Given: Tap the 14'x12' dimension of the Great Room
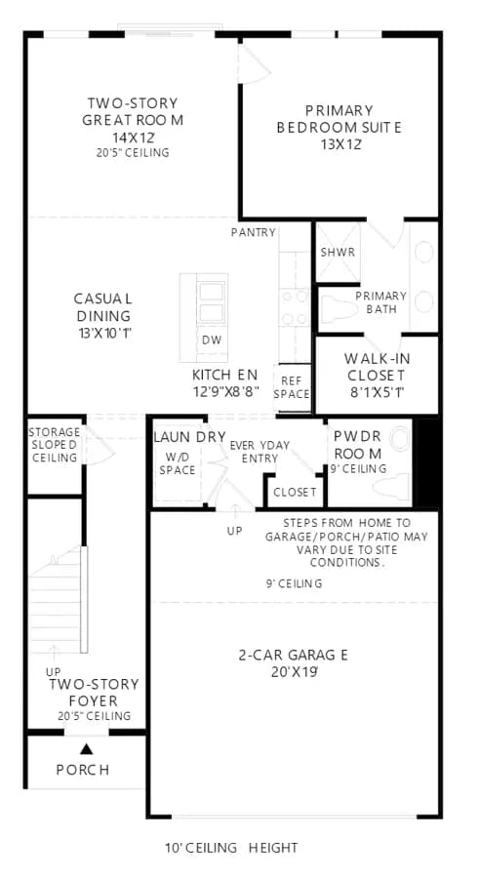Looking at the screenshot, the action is pyautogui.click(x=132, y=136).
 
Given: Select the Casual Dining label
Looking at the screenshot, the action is pyautogui.click(x=103, y=306).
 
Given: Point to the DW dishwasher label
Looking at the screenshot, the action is pyautogui.click(x=212, y=339).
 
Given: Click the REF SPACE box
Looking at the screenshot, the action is pyautogui.click(x=293, y=388).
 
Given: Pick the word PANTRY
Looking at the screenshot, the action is pyautogui.click(x=253, y=232).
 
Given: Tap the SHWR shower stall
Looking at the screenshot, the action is pyautogui.click(x=338, y=252).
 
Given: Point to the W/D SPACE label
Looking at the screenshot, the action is pyautogui.click(x=177, y=464).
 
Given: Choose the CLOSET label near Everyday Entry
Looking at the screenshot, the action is pyautogui.click(x=296, y=493).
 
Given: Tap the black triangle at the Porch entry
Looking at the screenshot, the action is pyautogui.click(x=86, y=748).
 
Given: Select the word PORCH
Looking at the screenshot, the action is pyautogui.click(x=83, y=770).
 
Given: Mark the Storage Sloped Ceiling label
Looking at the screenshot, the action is pyautogui.click(x=55, y=445).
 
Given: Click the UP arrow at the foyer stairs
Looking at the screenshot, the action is pyautogui.click(x=54, y=653).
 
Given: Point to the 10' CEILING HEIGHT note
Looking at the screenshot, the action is pyautogui.click(x=231, y=848).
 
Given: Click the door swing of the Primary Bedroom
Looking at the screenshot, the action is pyautogui.click(x=255, y=63).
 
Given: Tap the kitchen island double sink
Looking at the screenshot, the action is pyautogui.click(x=211, y=302).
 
